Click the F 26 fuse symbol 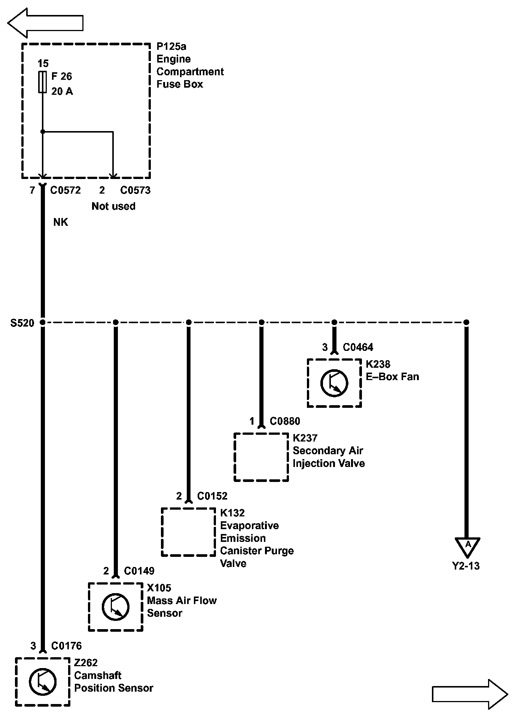[43, 82]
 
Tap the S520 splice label [22, 323]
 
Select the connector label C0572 [65, 190]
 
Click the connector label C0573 [135, 190]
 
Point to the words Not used [113, 206]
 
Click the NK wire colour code [61, 222]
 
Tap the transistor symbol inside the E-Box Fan [334, 383]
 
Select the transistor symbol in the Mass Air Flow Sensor [115, 607]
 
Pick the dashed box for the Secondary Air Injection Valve [261, 457]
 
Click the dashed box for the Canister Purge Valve [188, 532]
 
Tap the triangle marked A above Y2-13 [467, 546]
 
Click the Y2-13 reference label [466, 566]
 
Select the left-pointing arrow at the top [45, 23]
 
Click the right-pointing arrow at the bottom [470, 694]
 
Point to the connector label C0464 [358, 348]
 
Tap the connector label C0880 [285, 422]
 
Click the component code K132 [232, 513]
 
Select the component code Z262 [86, 663]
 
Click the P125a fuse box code [171, 46]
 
